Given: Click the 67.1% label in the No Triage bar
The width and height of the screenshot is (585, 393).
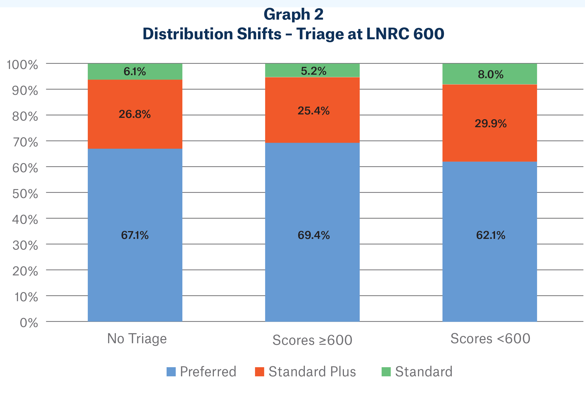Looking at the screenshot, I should [x=135, y=235].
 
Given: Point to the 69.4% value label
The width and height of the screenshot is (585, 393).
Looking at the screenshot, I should [x=314, y=235].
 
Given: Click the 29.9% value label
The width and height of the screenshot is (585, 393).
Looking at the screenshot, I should [x=490, y=124].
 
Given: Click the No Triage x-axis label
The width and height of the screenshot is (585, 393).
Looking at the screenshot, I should [x=137, y=339].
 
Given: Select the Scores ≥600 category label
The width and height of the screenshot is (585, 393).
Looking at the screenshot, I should [x=312, y=340].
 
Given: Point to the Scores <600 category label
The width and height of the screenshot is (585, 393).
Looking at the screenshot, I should [x=490, y=339].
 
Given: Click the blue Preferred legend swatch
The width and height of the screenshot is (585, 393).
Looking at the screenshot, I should [x=171, y=372].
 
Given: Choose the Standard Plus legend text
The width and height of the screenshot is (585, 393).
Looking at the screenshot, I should [x=312, y=372].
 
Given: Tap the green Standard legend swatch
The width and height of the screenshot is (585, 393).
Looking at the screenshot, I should [x=386, y=372].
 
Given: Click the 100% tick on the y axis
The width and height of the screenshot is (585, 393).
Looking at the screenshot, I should [x=22, y=65].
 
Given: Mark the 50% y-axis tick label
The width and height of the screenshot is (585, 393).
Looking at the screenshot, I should [x=25, y=194].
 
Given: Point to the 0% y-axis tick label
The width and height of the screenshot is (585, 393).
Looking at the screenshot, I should [x=29, y=323].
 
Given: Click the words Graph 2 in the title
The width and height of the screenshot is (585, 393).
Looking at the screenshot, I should [x=293, y=14].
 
